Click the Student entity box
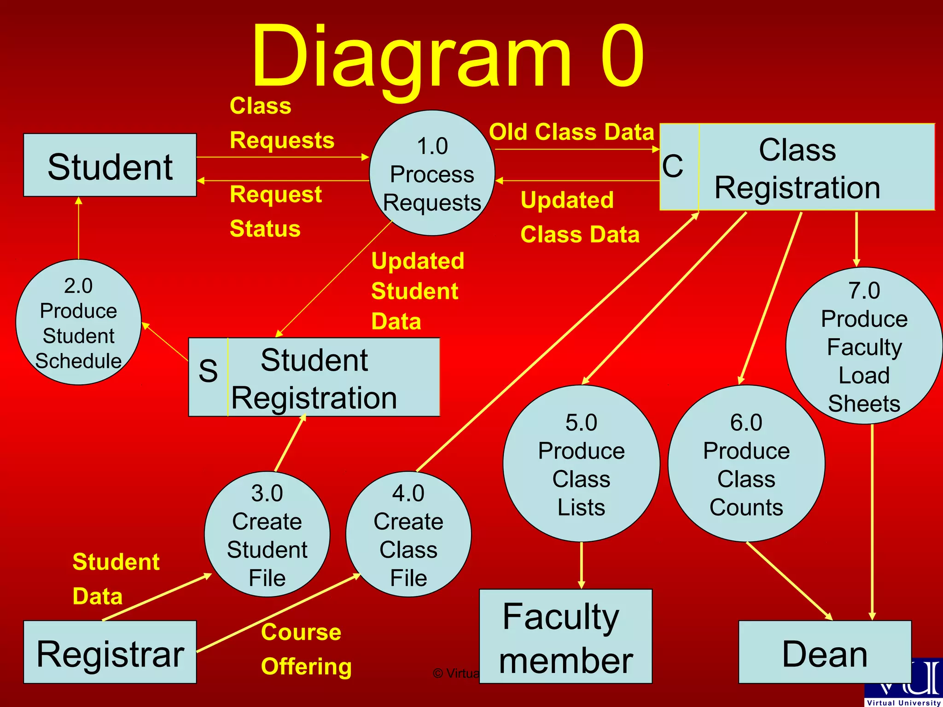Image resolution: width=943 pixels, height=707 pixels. coord(110,166)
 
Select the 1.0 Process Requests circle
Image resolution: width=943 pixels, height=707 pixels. coord(432,174)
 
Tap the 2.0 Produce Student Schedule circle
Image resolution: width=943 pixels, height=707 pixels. coord(78,323)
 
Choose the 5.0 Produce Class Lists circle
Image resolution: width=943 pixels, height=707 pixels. coord(581,464)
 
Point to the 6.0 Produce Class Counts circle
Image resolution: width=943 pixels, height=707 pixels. coord(746,464)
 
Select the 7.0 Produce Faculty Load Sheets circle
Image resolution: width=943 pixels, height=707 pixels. coord(864,346)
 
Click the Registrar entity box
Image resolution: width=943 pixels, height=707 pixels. coord(110,653)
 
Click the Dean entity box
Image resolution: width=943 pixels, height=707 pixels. coord(824,653)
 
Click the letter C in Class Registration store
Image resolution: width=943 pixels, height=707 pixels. coord(673,166)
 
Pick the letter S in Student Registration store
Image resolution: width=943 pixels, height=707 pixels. coord(208,371)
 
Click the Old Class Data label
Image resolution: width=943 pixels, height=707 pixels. coord(571,132)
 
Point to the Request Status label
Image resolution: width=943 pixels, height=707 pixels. coord(275,211)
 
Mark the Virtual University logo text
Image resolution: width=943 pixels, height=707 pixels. coord(903,702)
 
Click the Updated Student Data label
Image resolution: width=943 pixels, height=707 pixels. coord(417,291)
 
